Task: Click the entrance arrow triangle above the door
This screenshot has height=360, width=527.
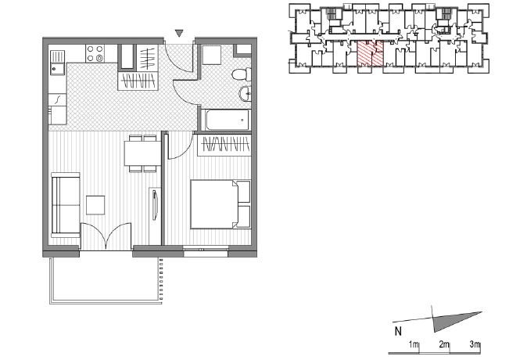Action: (180, 33)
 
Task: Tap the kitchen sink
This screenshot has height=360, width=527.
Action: (57, 63)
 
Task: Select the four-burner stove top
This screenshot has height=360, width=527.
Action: (95, 53)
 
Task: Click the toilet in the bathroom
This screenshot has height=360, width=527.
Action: (242, 74)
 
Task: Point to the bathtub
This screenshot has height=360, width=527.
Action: (227, 120)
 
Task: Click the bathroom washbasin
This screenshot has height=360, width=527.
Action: (245, 93)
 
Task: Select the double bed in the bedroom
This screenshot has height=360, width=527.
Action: (220, 204)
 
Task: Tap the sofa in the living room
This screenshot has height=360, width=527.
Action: (66, 204)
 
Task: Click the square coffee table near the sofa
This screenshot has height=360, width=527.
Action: (95, 205)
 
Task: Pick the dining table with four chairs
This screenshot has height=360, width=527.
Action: (143, 153)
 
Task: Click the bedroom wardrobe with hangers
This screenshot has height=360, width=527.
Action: (224, 146)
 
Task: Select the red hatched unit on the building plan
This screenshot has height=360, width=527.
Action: (370, 53)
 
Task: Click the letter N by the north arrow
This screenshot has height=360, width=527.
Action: (398, 331)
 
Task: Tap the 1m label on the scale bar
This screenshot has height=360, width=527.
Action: (414, 344)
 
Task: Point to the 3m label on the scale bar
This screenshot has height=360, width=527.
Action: (475, 344)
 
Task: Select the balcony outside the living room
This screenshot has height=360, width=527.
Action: (106, 281)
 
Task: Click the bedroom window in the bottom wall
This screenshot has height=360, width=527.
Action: (206, 251)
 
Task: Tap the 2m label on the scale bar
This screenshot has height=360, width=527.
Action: (444, 344)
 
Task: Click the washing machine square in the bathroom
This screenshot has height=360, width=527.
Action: (212, 55)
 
